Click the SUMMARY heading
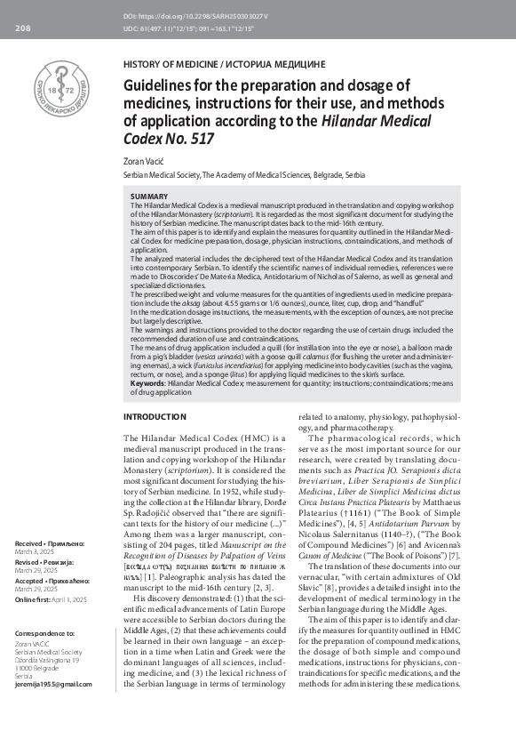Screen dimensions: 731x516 (149, 196)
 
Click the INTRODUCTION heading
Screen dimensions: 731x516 (155, 416)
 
